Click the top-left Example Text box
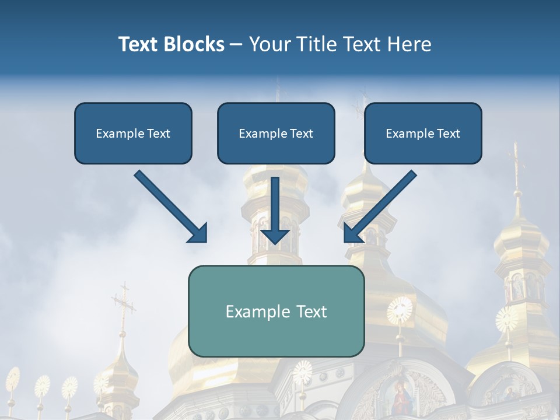(x=133, y=133)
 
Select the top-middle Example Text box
(x=276, y=133)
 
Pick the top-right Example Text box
(x=423, y=133)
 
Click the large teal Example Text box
(x=276, y=311)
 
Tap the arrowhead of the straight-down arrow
(x=275, y=236)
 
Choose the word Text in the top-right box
(x=449, y=134)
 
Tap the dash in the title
(x=236, y=45)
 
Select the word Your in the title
(x=270, y=44)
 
